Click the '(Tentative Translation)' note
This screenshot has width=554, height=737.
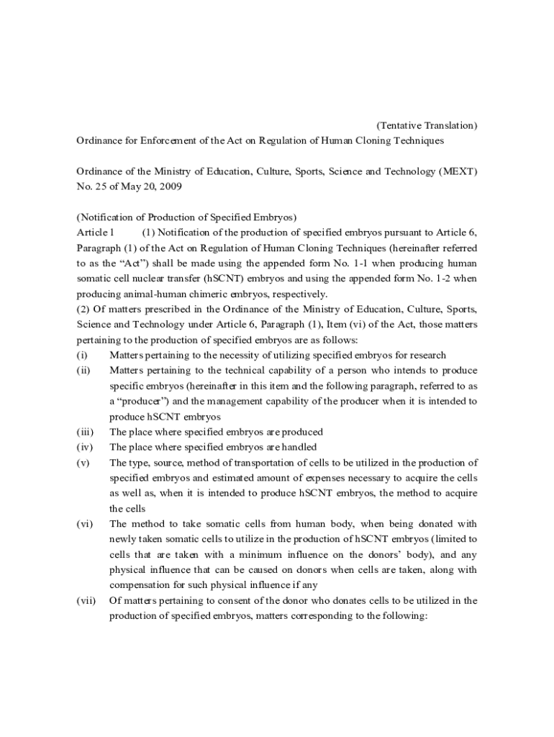point(427,125)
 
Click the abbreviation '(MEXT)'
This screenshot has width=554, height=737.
point(458,171)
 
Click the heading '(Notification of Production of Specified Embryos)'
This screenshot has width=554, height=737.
point(187,217)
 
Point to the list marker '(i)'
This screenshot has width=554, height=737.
point(81,355)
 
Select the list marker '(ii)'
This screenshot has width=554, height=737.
point(83,370)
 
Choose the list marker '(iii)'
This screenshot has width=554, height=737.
point(84,432)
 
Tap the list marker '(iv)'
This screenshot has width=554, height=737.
point(84,447)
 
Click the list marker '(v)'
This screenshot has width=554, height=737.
point(83,462)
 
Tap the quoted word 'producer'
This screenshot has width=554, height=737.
point(144,401)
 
